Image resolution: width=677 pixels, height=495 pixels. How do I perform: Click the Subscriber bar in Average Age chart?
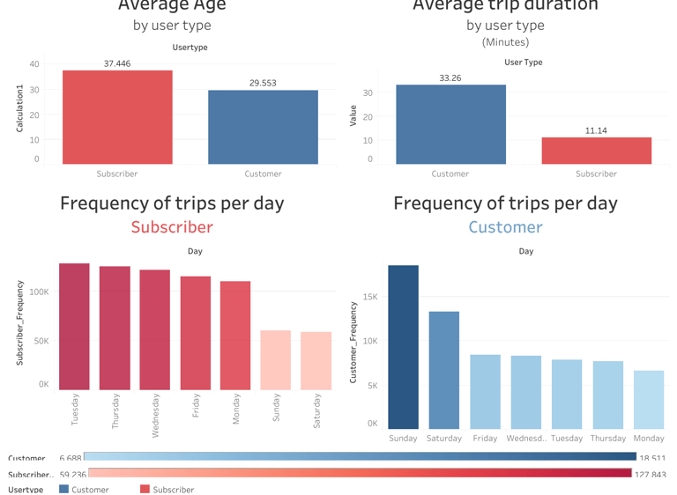[x=117, y=117]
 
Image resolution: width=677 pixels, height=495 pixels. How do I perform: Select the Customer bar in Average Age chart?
[x=263, y=127]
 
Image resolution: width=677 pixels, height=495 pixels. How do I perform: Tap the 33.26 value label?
[x=450, y=78]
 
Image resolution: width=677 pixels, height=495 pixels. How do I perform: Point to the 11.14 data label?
[x=596, y=131]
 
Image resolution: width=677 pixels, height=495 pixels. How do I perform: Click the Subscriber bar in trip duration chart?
[x=596, y=151]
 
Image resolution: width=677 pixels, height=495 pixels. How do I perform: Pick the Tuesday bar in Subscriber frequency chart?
[x=74, y=327]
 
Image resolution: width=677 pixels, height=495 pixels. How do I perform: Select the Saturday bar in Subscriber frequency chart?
[x=316, y=361]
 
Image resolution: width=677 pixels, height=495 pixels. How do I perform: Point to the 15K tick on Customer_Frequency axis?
[x=370, y=297]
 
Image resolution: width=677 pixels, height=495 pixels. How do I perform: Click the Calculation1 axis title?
[x=20, y=110]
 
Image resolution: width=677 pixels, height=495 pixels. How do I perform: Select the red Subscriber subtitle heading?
[x=172, y=227]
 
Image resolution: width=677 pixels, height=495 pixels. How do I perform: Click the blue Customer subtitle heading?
[x=505, y=227]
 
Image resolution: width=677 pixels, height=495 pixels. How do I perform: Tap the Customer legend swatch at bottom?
[x=63, y=489]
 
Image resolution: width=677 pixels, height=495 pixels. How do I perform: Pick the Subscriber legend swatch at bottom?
[x=145, y=489]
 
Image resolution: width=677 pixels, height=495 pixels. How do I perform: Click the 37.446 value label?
[x=117, y=63]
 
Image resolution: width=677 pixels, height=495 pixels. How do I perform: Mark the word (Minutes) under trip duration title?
[x=505, y=42]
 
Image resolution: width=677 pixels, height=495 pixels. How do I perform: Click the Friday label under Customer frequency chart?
[x=485, y=439]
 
